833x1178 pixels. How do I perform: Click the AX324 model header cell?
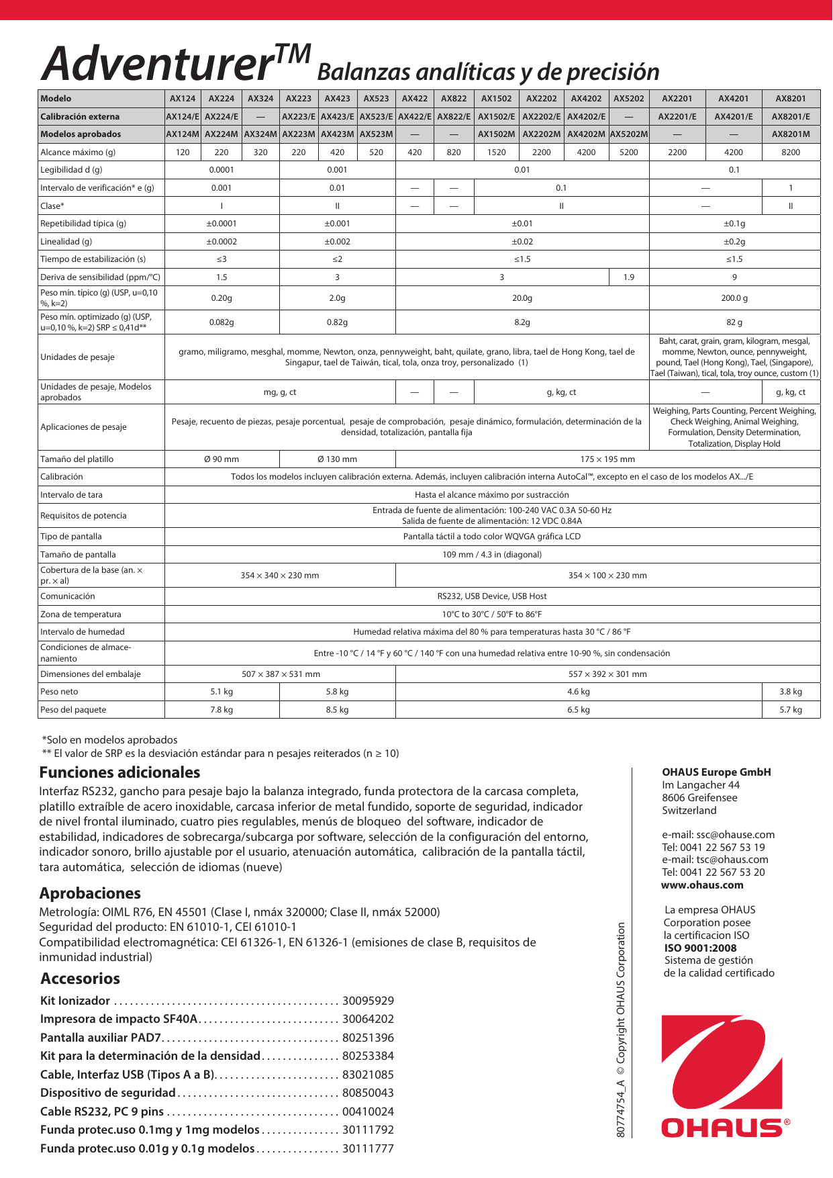tap(260, 99)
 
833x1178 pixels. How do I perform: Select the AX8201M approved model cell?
tap(791, 134)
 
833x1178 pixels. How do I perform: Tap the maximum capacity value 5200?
tap(628, 152)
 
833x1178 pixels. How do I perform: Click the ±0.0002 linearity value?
tap(222, 242)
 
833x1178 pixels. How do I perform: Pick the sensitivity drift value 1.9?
tap(628, 277)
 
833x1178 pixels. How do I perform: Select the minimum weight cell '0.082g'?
tap(222, 322)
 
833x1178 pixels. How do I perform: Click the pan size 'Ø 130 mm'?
tap(337, 459)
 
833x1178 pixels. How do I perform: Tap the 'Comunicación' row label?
tap(68, 596)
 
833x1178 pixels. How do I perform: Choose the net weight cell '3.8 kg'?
tap(791, 692)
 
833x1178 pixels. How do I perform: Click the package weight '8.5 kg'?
tap(337, 710)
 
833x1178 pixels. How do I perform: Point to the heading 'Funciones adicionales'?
tap(119, 772)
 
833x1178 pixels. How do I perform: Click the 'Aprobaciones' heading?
tap(90, 893)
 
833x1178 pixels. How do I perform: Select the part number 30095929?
tap(368, 1001)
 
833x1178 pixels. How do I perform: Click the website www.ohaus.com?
tap(702, 885)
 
